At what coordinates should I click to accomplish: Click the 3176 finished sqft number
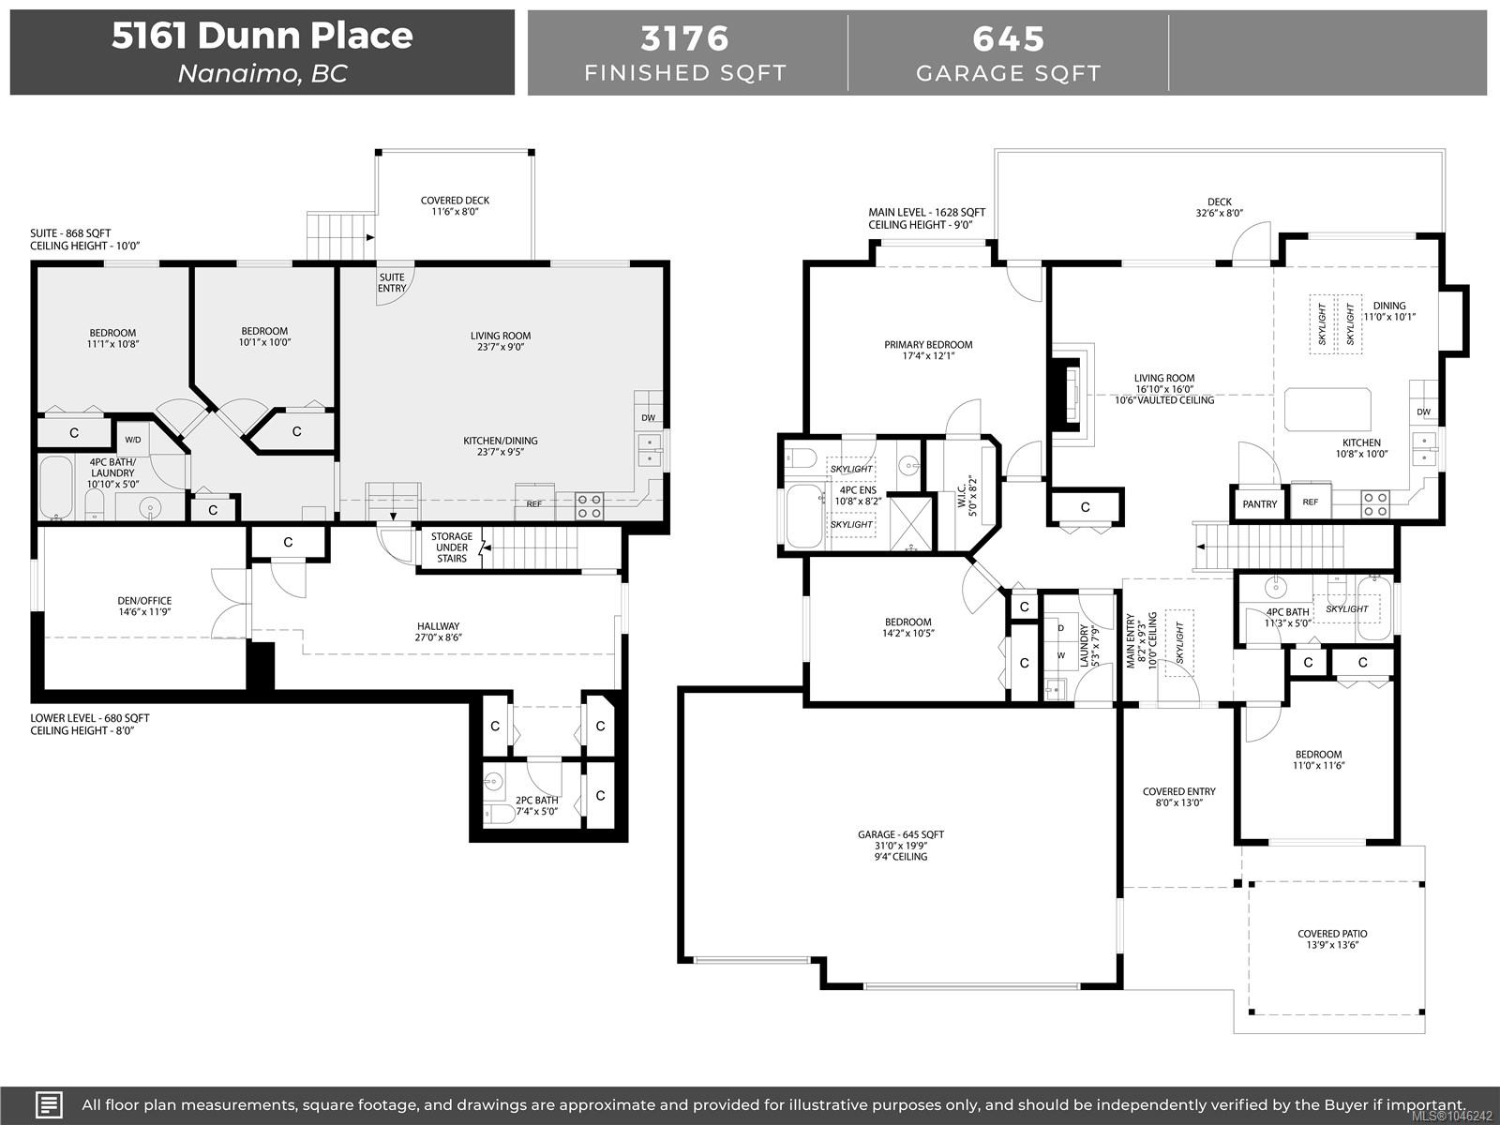tap(684, 39)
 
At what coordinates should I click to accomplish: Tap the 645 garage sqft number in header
tap(1008, 39)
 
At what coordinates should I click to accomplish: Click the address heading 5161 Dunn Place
tap(262, 36)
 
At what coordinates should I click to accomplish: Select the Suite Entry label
tap(392, 283)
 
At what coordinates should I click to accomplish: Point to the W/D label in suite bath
tap(133, 440)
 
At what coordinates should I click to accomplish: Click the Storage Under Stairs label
tap(452, 547)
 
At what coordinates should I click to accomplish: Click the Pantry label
tap(1259, 504)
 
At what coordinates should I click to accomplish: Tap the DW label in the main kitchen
tap(1423, 412)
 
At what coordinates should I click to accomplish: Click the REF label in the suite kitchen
tap(533, 504)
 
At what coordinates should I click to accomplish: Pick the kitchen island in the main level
tap(1327, 409)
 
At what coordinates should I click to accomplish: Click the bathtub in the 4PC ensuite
tap(803, 517)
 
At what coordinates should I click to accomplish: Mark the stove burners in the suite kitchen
tap(589, 506)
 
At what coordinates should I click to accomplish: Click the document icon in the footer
tap(49, 1104)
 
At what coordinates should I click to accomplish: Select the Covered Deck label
tap(455, 205)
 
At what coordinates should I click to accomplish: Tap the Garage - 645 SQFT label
tap(901, 834)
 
